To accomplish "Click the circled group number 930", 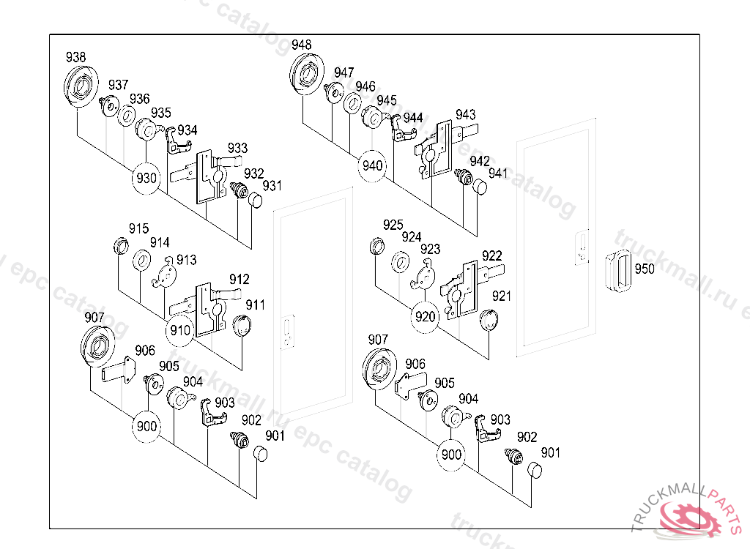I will click(146, 178).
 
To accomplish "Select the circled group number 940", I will click(373, 165).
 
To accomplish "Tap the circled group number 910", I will click(180, 330).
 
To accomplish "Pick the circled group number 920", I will click(426, 317).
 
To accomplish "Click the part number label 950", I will click(645, 269).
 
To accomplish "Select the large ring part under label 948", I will click(306, 74).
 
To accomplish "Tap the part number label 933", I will click(237, 148).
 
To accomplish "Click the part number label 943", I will click(465, 114).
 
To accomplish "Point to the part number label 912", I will click(239, 279).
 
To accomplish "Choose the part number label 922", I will click(491, 255).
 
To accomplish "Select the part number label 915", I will click(139, 228).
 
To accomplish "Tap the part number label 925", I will click(393, 224).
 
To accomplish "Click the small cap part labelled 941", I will click(479, 187).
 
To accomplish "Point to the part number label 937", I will click(119, 85).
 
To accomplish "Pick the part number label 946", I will click(365, 87).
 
